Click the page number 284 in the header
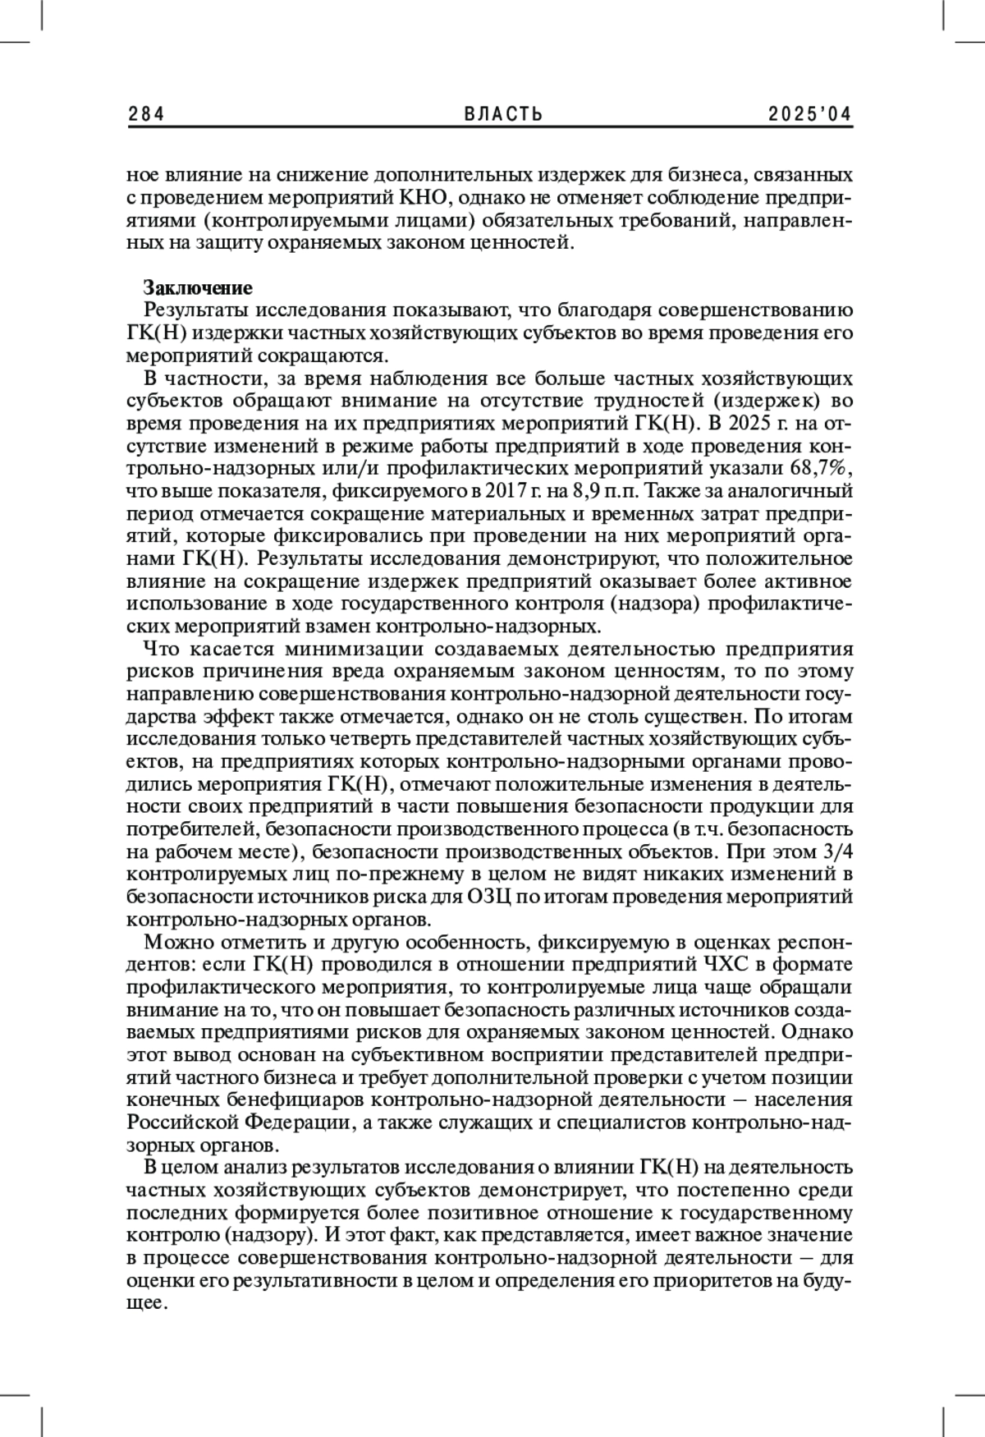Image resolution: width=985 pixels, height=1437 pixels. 146,115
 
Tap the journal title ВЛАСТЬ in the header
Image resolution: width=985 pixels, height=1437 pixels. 504,115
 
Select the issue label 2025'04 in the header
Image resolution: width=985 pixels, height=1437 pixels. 810,115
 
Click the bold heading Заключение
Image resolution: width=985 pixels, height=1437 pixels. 197,287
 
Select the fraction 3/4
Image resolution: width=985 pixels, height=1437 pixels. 838,851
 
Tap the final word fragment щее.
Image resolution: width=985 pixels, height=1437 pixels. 144,1303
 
